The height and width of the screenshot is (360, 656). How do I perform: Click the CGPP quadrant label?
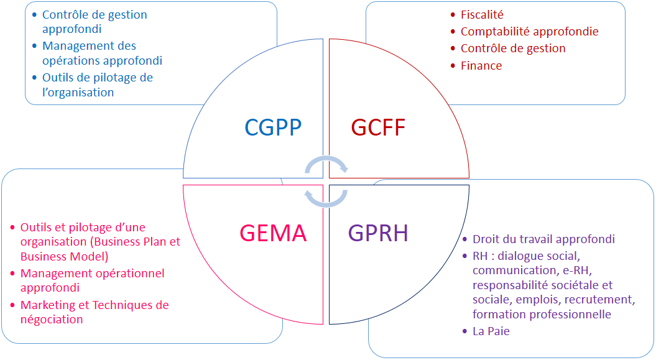(x=273, y=127)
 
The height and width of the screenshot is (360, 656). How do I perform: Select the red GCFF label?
(x=378, y=127)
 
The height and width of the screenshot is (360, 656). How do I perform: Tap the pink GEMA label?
(x=273, y=233)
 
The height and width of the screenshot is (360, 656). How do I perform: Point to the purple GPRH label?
(x=378, y=233)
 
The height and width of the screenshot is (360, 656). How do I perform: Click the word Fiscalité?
(x=482, y=15)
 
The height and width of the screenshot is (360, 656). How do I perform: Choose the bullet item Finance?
(x=481, y=66)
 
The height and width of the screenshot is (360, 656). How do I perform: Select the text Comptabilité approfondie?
(x=530, y=32)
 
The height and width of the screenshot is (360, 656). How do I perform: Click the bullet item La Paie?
(x=491, y=331)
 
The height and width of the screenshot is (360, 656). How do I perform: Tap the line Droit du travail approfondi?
(x=544, y=239)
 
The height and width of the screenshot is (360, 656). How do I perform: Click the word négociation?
(x=52, y=320)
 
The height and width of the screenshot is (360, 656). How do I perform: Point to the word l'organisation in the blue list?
(x=78, y=93)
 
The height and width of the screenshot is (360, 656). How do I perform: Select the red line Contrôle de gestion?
(x=513, y=48)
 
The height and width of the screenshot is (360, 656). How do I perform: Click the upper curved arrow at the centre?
(x=326, y=159)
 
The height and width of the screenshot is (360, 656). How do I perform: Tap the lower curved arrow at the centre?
(x=326, y=205)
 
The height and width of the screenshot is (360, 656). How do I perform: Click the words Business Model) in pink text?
(x=65, y=256)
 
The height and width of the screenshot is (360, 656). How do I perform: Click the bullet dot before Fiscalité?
(x=453, y=15)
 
